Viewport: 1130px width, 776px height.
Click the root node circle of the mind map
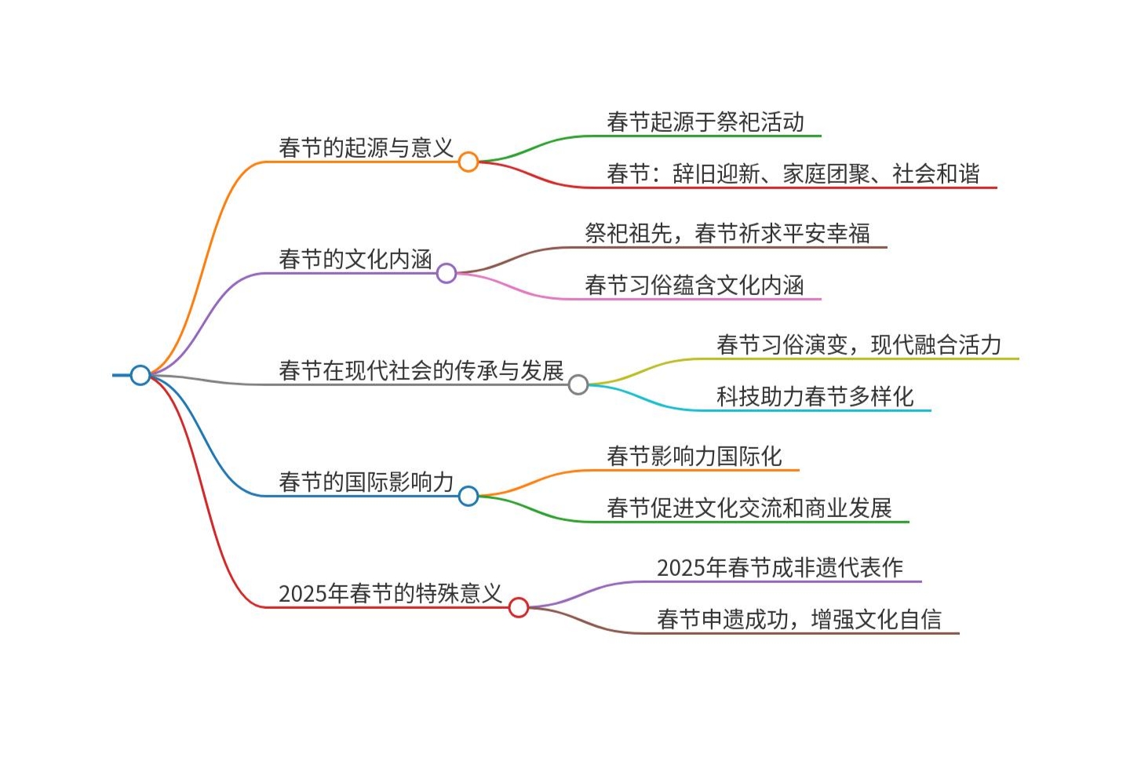point(140,375)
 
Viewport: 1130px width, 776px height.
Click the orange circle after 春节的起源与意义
point(468,162)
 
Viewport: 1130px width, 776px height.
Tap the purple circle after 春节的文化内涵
point(447,273)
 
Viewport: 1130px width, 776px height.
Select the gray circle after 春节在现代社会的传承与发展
point(578,384)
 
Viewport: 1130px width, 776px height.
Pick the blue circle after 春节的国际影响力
point(468,496)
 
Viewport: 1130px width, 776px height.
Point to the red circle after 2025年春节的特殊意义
point(519,607)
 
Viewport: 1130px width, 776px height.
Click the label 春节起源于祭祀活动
point(705,122)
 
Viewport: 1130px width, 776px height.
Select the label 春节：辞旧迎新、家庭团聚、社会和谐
point(793,173)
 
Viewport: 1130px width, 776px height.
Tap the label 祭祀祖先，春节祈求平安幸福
point(727,233)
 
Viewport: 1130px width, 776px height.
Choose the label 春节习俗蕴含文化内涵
point(694,285)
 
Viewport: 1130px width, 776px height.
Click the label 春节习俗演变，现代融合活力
point(858,344)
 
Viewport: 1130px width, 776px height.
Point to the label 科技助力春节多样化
point(815,396)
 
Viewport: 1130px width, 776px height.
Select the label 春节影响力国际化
point(694,456)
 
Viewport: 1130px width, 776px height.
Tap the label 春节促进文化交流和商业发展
point(749,508)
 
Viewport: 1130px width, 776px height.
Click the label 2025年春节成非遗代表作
point(779,567)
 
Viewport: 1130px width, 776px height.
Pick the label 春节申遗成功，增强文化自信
point(798,619)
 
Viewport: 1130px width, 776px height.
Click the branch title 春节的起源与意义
point(366,148)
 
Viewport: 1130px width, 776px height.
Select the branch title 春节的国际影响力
point(366,482)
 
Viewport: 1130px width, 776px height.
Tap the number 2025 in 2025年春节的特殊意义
point(303,594)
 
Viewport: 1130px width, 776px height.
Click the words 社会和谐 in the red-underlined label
point(935,173)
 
